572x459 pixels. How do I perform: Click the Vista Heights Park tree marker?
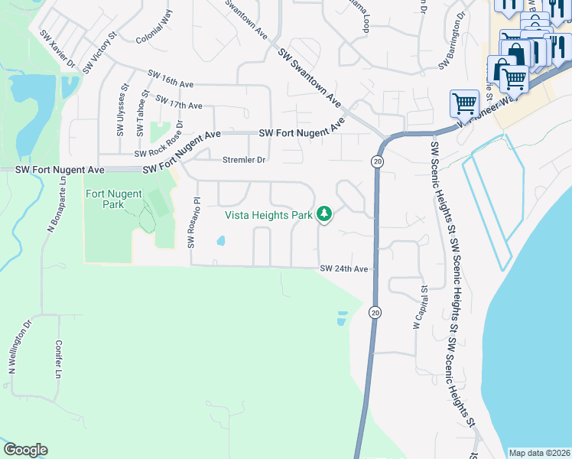tap(324, 214)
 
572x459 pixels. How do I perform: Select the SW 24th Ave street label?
tap(344, 269)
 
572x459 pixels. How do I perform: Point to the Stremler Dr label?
tap(243, 160)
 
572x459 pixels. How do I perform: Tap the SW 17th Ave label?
tap(178, 102)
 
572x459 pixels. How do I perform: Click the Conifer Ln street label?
tap(58, 359)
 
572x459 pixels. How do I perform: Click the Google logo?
tap(25, 450)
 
